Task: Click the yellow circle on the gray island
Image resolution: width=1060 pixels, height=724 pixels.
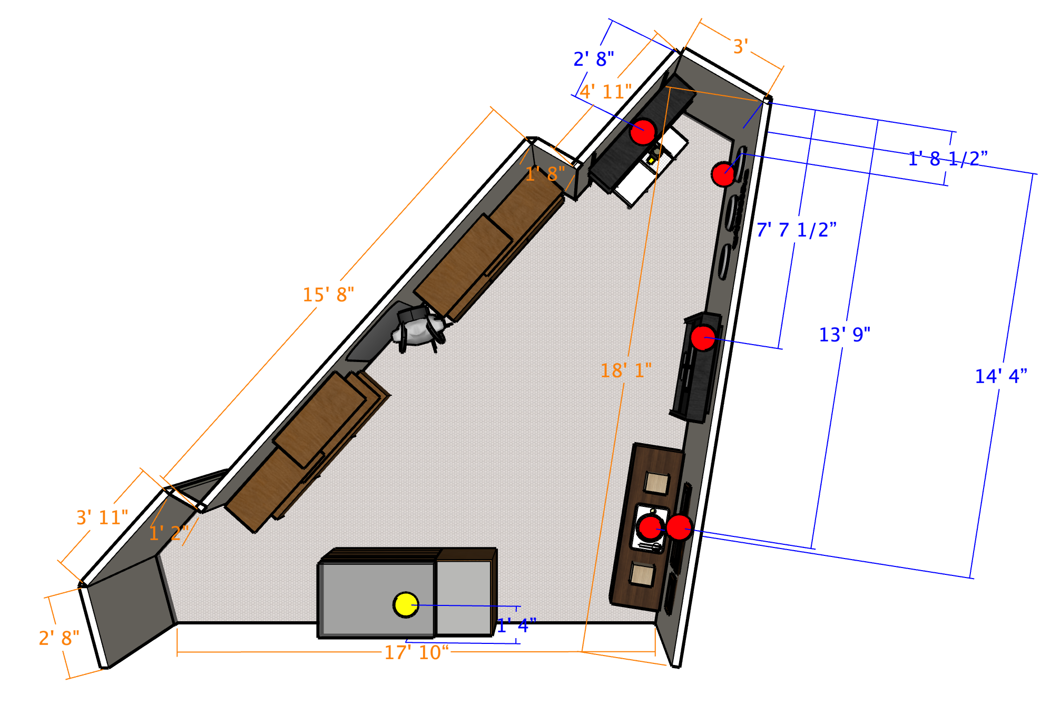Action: coord(406,604)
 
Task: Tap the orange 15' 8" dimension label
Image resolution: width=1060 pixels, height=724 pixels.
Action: coord(328,295)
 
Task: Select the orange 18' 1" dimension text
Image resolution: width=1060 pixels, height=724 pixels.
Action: coord(626,370)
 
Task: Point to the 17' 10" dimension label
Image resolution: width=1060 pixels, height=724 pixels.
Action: coord(416,652)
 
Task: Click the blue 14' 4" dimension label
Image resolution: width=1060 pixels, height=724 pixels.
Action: coord(1001,376)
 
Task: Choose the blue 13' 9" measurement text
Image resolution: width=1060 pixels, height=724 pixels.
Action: coord(845,335)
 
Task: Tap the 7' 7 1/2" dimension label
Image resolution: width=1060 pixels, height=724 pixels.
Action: coord(796,230)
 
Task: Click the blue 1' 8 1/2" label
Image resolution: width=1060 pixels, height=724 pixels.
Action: coord(948,159)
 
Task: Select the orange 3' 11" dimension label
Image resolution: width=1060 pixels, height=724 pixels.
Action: coord(102,517)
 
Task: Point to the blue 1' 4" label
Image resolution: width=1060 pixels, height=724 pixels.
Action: coord(516,625)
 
